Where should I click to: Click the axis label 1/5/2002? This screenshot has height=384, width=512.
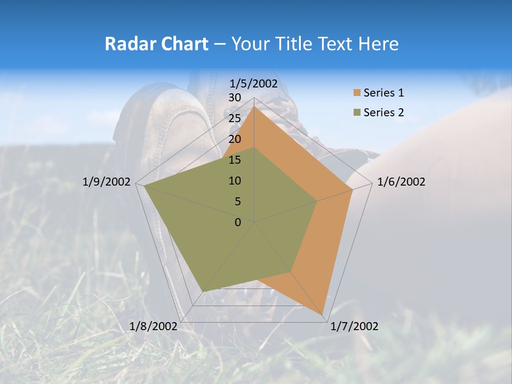pos(254,83)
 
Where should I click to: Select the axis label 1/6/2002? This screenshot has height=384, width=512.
pos(401,182)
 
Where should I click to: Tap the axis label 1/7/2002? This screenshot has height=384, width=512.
pos(354,326)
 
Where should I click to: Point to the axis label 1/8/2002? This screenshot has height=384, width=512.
pos(153,326)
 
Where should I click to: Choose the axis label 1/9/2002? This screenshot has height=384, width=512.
pos(106,182)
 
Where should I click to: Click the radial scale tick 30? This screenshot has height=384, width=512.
pos(234,98)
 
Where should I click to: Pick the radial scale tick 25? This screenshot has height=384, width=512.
pos(234,118)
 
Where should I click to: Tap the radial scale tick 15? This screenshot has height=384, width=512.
pos(234,160)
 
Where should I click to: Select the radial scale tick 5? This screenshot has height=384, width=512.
pos(237,202)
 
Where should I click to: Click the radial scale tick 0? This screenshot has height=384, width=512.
pos(238,222)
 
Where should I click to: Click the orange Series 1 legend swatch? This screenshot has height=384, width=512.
pos(357,93)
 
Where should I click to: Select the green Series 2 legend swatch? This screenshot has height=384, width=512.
pos(357,113)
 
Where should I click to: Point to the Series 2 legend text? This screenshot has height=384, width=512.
pos(383,113)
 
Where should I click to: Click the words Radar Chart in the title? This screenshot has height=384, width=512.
pos(156,44)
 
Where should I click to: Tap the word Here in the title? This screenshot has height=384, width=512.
pos(379,44)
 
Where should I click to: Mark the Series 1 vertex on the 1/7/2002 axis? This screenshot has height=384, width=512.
pos(324,315)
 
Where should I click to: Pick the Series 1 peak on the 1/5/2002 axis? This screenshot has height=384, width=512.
pos(254,107)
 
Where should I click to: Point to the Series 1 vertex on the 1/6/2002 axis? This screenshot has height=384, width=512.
pos(352,190)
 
